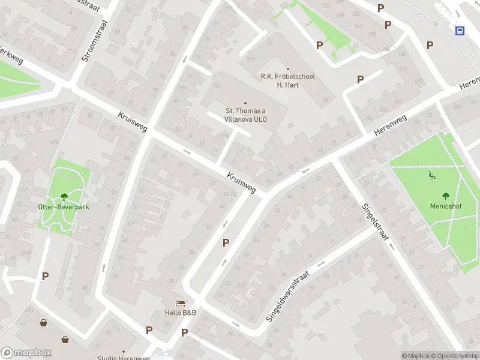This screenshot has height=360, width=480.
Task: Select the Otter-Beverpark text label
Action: (64, 207)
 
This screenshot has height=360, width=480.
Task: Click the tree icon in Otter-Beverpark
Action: (64, 197)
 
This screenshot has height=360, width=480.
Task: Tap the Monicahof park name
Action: (446, 205)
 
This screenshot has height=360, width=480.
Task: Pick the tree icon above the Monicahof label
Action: (446, 196)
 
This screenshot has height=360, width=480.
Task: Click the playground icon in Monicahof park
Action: (431, 175)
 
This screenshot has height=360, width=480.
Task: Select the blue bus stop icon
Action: (460, 31)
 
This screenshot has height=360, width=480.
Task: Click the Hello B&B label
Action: (181, 313)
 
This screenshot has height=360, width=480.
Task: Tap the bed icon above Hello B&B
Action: (180, 304)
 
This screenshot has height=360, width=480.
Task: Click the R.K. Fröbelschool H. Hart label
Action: (287, 80)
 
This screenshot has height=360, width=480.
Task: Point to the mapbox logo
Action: (26, 353)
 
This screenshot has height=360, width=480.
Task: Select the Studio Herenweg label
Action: (124, 358)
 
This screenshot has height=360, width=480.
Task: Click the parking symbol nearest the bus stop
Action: (430, 45)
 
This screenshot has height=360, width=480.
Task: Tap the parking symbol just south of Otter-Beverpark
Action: (45, 276)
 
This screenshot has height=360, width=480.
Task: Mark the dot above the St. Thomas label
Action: (245, 103)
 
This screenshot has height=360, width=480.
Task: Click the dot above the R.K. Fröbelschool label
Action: (287, 68)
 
